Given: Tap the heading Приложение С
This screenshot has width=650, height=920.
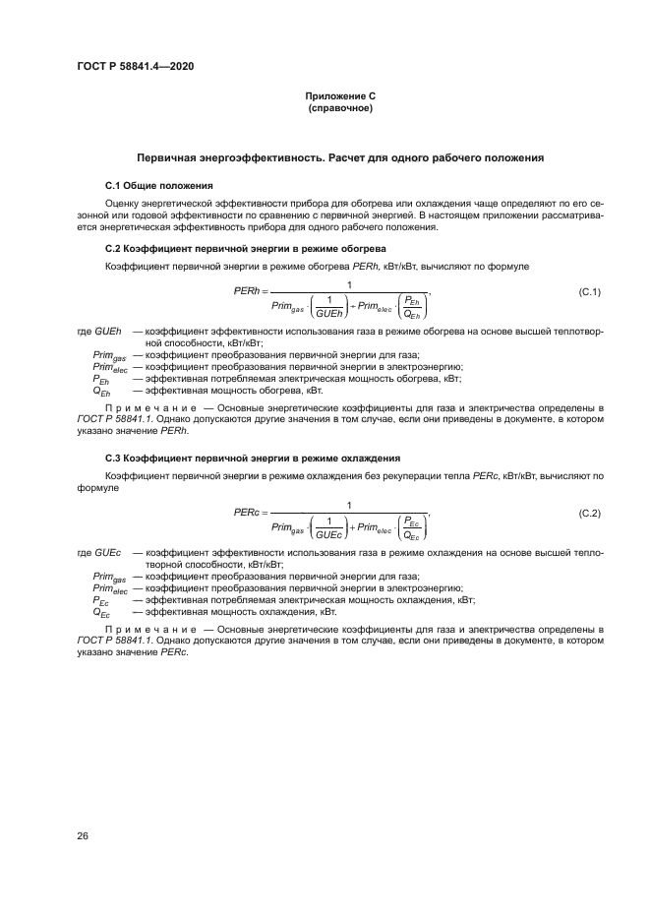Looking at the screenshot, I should tap(340, 95).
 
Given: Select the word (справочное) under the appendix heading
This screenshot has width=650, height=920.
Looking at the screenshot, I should tap(340, 107).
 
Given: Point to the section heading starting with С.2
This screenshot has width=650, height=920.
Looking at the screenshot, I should tap(245, 248).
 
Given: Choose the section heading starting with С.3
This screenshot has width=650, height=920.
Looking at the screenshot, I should tap(251, 459).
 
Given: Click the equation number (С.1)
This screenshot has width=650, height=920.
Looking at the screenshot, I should tap(588, 292).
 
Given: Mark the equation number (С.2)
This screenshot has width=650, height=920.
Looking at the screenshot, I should tap(588, 513).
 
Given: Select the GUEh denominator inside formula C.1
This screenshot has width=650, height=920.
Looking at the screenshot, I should tap(328, 312).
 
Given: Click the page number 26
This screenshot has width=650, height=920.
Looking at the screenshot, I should tap(83, 835).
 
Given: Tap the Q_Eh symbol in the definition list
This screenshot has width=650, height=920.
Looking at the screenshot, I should tap(101, 391).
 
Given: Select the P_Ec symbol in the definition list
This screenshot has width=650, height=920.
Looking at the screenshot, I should tap(101, 599).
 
